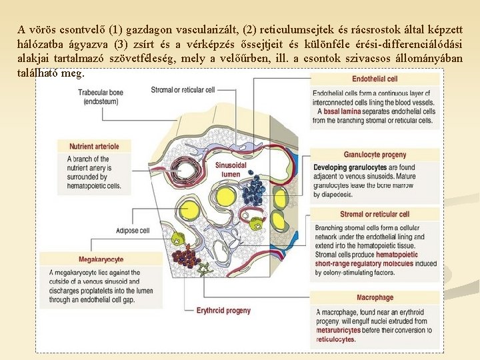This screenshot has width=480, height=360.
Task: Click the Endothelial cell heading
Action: (375, 79)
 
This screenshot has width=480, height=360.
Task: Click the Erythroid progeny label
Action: (223, 310)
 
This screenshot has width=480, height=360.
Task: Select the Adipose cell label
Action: (133, 231)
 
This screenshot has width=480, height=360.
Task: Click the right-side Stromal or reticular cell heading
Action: (375, 214)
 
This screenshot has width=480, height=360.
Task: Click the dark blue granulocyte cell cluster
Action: (253, 191)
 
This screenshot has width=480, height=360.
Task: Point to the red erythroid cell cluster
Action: (186, 257)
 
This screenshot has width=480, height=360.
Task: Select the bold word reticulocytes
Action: (336, 339)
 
